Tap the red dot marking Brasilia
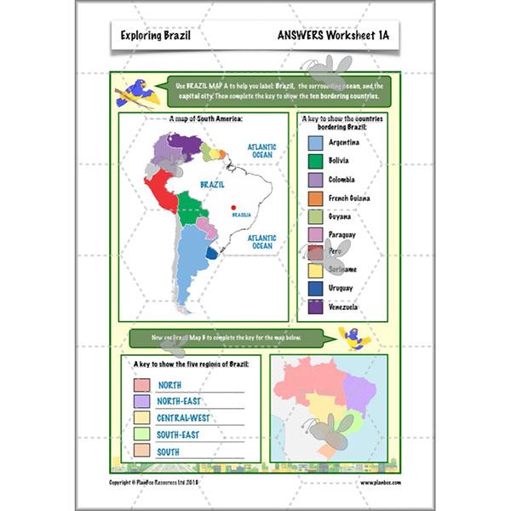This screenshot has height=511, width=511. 233,204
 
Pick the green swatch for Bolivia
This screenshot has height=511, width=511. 315,161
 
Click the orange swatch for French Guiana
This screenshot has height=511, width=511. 315,198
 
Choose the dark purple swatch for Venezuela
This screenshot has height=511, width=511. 315,307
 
